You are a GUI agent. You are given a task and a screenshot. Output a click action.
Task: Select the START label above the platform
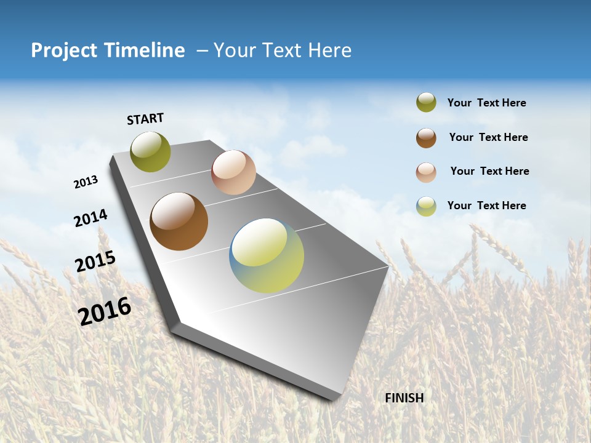click(145, 119)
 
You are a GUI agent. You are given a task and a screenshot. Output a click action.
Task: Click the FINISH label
click(404, 398)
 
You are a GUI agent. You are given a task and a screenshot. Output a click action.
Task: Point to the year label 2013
click(86, 182)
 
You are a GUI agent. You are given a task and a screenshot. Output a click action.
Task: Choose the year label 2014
click(90, 218)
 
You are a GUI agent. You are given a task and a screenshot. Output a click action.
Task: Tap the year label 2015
click(95, 261)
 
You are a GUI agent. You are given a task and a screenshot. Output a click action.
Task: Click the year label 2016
click(105, 311)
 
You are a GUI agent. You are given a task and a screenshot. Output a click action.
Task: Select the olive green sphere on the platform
click(150, 152)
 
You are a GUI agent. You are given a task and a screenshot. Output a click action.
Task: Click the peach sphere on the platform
click(233, 172)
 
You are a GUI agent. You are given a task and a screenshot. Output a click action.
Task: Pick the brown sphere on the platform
click(179, 221)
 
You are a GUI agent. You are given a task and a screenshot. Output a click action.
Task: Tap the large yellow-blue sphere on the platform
click(267, 255)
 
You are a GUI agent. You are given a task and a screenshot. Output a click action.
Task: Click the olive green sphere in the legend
click(426, 102)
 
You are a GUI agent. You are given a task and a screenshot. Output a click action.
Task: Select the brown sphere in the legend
click(426, 138)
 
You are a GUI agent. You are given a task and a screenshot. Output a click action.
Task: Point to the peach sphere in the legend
click(426, 172)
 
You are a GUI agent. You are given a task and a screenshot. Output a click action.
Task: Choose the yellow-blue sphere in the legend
click(426, 206)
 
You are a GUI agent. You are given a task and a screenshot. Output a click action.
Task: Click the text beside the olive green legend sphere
click(486, 103)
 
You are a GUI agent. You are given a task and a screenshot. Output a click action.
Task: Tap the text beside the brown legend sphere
click(488, 137)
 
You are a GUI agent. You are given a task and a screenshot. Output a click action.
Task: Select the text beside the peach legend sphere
click(489, 171)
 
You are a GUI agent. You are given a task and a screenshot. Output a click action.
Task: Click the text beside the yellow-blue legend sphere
click(486, 206)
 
